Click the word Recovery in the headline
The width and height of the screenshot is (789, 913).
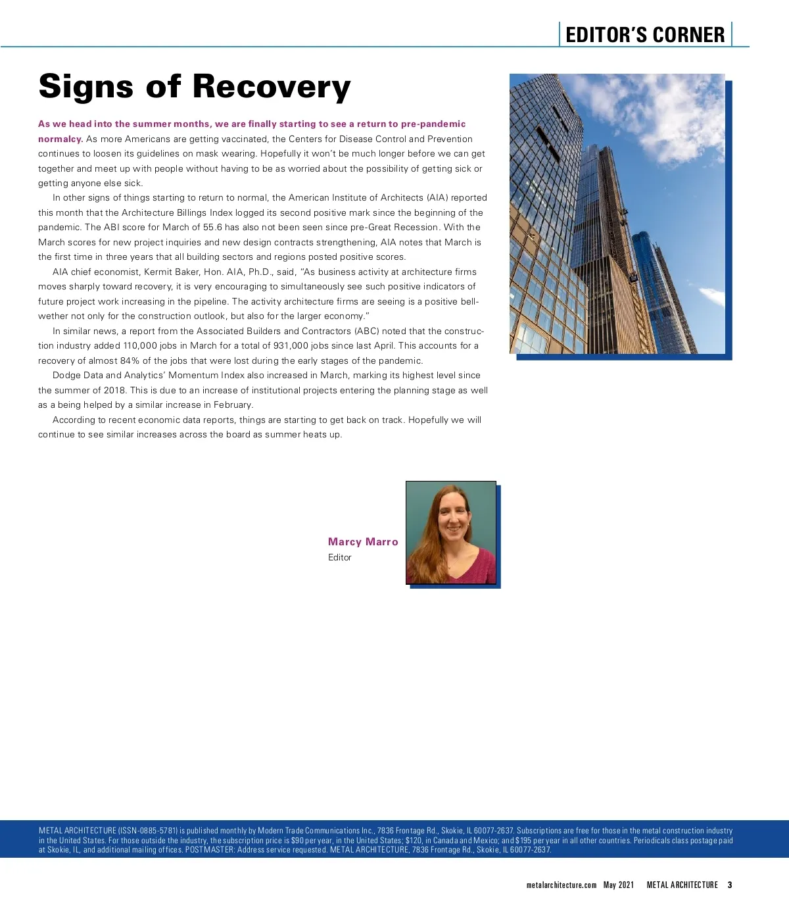click(272, 87)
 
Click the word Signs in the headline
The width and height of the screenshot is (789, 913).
click(85, 87)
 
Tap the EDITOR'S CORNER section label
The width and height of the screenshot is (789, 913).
click(645, 35)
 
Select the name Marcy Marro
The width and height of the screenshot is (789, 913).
click(363, 542)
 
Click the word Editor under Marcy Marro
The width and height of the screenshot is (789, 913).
click(340, 557)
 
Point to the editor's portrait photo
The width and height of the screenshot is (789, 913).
click(451, 532)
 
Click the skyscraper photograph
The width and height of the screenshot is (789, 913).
click(617, 214)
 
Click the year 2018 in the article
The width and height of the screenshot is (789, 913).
click(114, 391)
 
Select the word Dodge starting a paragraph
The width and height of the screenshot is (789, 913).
click(66, 376)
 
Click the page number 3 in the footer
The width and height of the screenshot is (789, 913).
click(730, 885)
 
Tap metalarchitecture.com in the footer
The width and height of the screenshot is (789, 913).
click(561, 885)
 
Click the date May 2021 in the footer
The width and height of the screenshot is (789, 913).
click(619, 885)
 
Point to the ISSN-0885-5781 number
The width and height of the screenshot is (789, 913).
click(148, 831)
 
